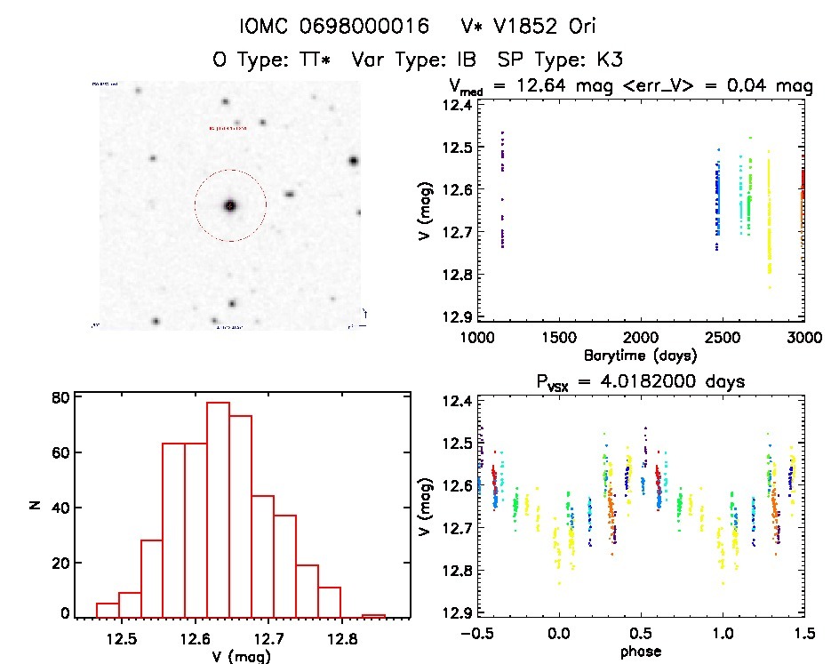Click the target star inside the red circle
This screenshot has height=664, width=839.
tap(230, 205)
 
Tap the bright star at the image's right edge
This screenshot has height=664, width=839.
tap(354, 161)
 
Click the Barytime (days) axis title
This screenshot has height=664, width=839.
tap(640, 355)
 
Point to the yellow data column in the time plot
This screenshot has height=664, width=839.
tap(769, 222)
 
